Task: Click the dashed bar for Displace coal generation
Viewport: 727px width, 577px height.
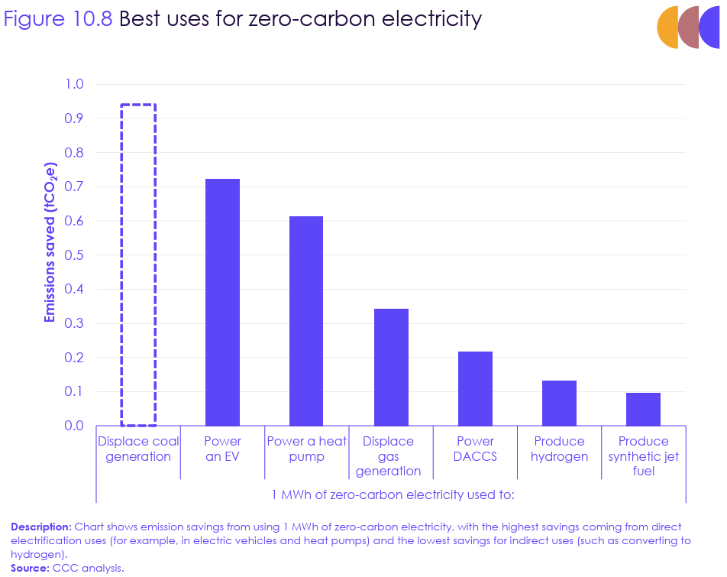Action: click(138, 264)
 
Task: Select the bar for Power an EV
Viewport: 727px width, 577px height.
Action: click(222, 302)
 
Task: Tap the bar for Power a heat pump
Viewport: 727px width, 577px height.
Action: click(306, 321)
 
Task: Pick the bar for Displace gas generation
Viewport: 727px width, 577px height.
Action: click(391, 367)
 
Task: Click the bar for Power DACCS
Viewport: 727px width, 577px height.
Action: click(475, 388)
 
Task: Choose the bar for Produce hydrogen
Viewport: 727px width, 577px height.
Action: click(559, 403)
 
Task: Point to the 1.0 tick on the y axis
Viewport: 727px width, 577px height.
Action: click(74, 84)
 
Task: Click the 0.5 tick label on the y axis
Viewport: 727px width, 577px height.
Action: click(74, 254)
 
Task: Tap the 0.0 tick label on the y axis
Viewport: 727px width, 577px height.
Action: click(74, 426)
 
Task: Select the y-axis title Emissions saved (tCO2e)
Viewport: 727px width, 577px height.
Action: click(50, 242)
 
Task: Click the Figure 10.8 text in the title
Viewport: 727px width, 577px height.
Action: click(58, 18)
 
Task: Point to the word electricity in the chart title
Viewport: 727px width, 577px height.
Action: click(433, 18)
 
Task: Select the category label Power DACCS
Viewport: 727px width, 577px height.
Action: click(475, 449)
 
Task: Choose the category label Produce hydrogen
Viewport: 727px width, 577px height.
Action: click(559, 449)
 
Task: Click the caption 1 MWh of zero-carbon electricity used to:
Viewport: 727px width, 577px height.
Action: click(393, 494)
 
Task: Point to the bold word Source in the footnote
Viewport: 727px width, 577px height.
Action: click(30, 568)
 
